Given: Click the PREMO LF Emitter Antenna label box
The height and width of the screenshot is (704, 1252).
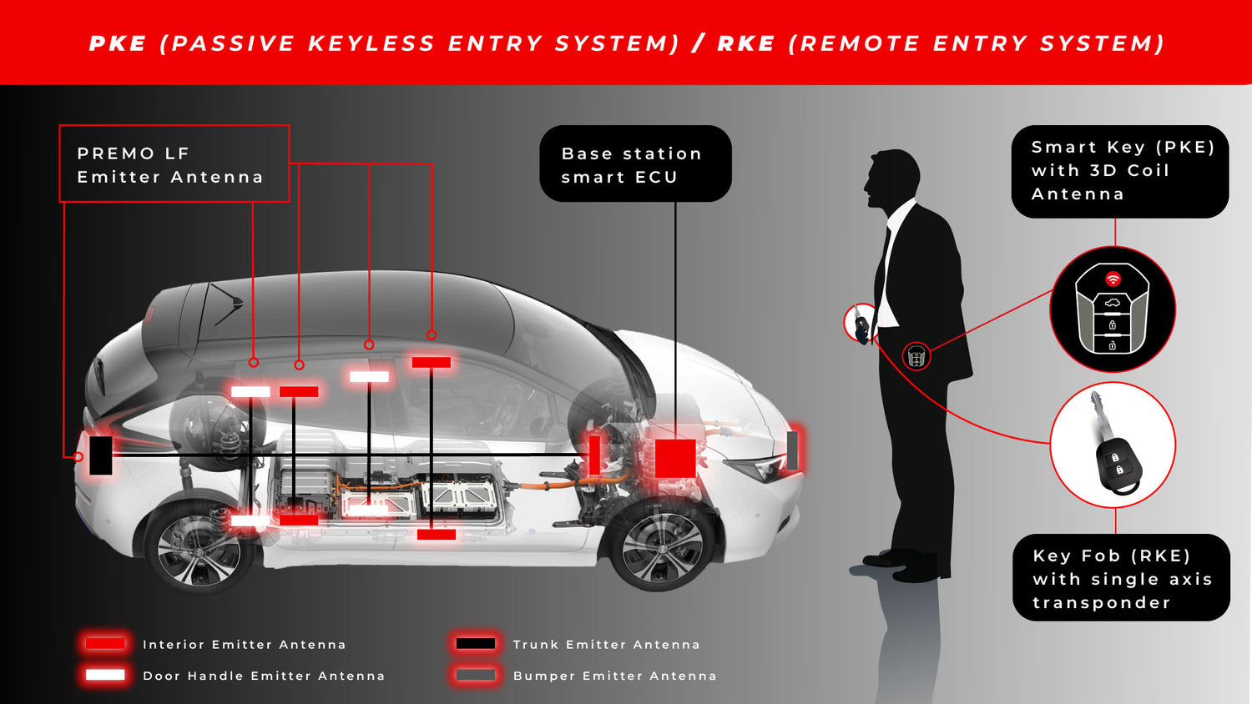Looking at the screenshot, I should [174, 163].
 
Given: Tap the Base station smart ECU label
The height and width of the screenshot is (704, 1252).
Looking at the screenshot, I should [634, 163].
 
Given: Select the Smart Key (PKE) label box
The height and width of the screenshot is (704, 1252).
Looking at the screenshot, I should [1119, 171].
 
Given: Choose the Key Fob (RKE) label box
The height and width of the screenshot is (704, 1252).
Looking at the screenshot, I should [1120, 578].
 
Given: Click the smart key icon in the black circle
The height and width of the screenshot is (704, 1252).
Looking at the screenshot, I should [1112, 309].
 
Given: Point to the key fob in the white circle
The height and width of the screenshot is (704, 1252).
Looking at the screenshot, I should [1113, 446].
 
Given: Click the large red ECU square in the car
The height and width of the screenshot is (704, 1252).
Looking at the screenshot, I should [674, 458].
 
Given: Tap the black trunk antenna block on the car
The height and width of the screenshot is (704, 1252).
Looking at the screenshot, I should [101, 455].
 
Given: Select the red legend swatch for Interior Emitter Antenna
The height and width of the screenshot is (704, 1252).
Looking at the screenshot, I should [105, 643].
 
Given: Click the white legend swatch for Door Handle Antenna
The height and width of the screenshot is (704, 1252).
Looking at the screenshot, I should [105, 675].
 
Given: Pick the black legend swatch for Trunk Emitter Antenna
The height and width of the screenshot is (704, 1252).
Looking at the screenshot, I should [476, 643].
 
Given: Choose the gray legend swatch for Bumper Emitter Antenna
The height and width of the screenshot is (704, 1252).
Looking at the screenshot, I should [476, 675].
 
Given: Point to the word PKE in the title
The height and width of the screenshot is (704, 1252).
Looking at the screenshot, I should [118, 43].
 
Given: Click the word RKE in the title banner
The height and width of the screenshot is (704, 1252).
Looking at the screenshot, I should [745, 43].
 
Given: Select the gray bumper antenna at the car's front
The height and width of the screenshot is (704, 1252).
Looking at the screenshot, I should [792, 450].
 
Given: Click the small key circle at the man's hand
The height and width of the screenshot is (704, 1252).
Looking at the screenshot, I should [860, 323].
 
